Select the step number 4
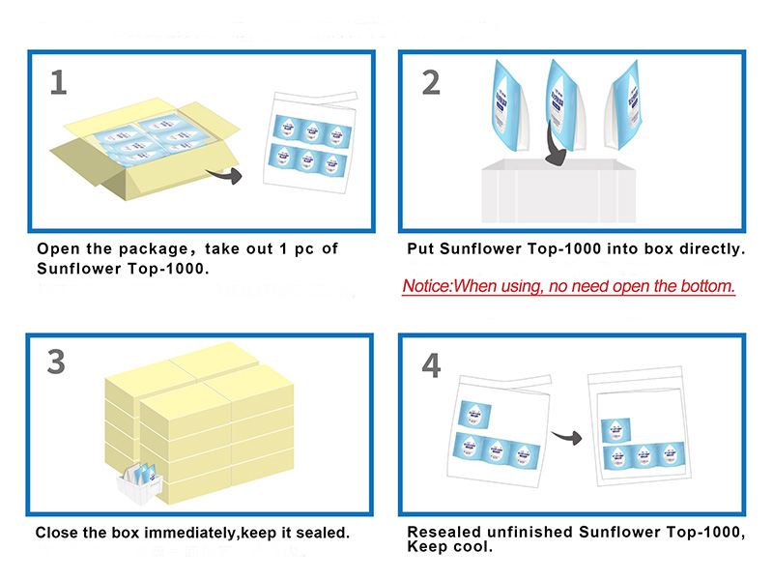[x=431, y=364]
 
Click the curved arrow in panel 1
[x=226, y=175]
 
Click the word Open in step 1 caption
[x=58, y=248]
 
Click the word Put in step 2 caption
[x=421, y=248]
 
